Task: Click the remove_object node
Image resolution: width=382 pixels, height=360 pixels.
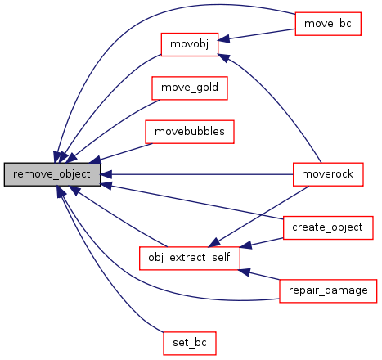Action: [52, 174]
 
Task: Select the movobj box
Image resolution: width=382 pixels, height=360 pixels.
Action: [190, 45]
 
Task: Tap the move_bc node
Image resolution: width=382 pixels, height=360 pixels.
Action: [328, 24]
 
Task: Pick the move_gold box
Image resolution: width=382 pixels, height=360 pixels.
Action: [190, 88]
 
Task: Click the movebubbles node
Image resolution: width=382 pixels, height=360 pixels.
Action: [190, 132]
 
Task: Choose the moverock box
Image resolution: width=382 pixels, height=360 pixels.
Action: [328, 174]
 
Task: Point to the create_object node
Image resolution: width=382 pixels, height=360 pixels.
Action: [328, 228]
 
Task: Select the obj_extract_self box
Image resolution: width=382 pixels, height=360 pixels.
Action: [190, 259]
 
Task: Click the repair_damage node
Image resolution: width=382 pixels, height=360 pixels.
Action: [328, 291]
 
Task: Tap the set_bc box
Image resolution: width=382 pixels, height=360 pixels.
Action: [190, 344]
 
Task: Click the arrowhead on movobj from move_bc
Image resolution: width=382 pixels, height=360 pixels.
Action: [223, 39]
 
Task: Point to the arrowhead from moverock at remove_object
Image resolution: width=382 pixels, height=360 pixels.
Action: [106, 174]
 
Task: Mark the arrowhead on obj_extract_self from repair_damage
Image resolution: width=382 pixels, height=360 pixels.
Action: [245, 272]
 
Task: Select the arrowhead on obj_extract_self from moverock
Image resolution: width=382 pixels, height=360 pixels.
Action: [214, 242]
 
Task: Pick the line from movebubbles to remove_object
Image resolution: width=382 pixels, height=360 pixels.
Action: [126, 151]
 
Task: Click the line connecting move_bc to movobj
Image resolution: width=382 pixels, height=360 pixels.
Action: [263, 34]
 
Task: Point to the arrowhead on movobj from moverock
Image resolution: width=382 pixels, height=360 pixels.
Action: [224, 58]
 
